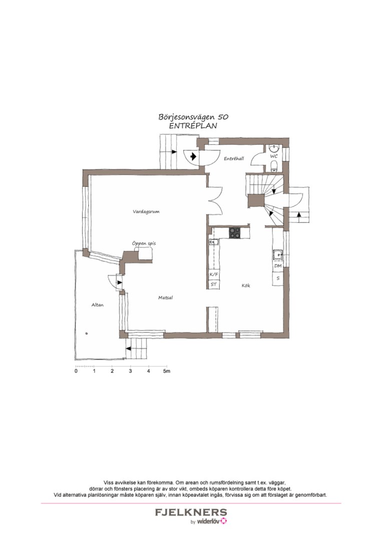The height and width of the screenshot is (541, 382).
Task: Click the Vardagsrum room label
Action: (x=146, y=211)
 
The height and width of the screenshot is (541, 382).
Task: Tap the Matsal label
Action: (x=166, y=298)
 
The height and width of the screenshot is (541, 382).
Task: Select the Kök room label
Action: (x=246, y=286)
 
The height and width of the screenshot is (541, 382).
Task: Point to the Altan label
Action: (x=98, y=305)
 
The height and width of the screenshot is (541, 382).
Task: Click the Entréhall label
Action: (x=234, y=158)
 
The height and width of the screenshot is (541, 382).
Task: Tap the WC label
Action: (x=274, y=156)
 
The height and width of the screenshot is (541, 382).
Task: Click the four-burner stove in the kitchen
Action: (x=235, y=232)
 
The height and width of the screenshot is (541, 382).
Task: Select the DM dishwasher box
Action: (x=278, y=266)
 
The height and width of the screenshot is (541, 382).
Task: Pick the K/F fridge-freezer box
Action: (x=214, y=275)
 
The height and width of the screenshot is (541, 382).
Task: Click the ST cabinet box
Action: (x=214, y=285)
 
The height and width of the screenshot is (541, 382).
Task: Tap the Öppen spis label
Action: (x=144, y=243)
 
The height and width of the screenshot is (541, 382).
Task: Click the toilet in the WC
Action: (x=274, y=167)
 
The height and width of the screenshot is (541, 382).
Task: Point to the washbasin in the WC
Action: (x=274, y=148)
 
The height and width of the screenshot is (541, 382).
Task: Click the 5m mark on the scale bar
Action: (x=167, y=371)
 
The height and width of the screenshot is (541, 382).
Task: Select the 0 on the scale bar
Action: (x=76, y=371)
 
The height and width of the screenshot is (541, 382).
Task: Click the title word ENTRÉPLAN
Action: (x=193, y=126)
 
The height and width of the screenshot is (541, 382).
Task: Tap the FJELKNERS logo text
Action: (x=191, y=512)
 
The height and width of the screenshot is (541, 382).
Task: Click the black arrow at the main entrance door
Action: (x=193, y=157)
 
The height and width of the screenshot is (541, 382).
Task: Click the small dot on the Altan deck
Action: (x=87, y=334)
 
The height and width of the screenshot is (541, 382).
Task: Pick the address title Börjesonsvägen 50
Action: (x=193, y=117)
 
